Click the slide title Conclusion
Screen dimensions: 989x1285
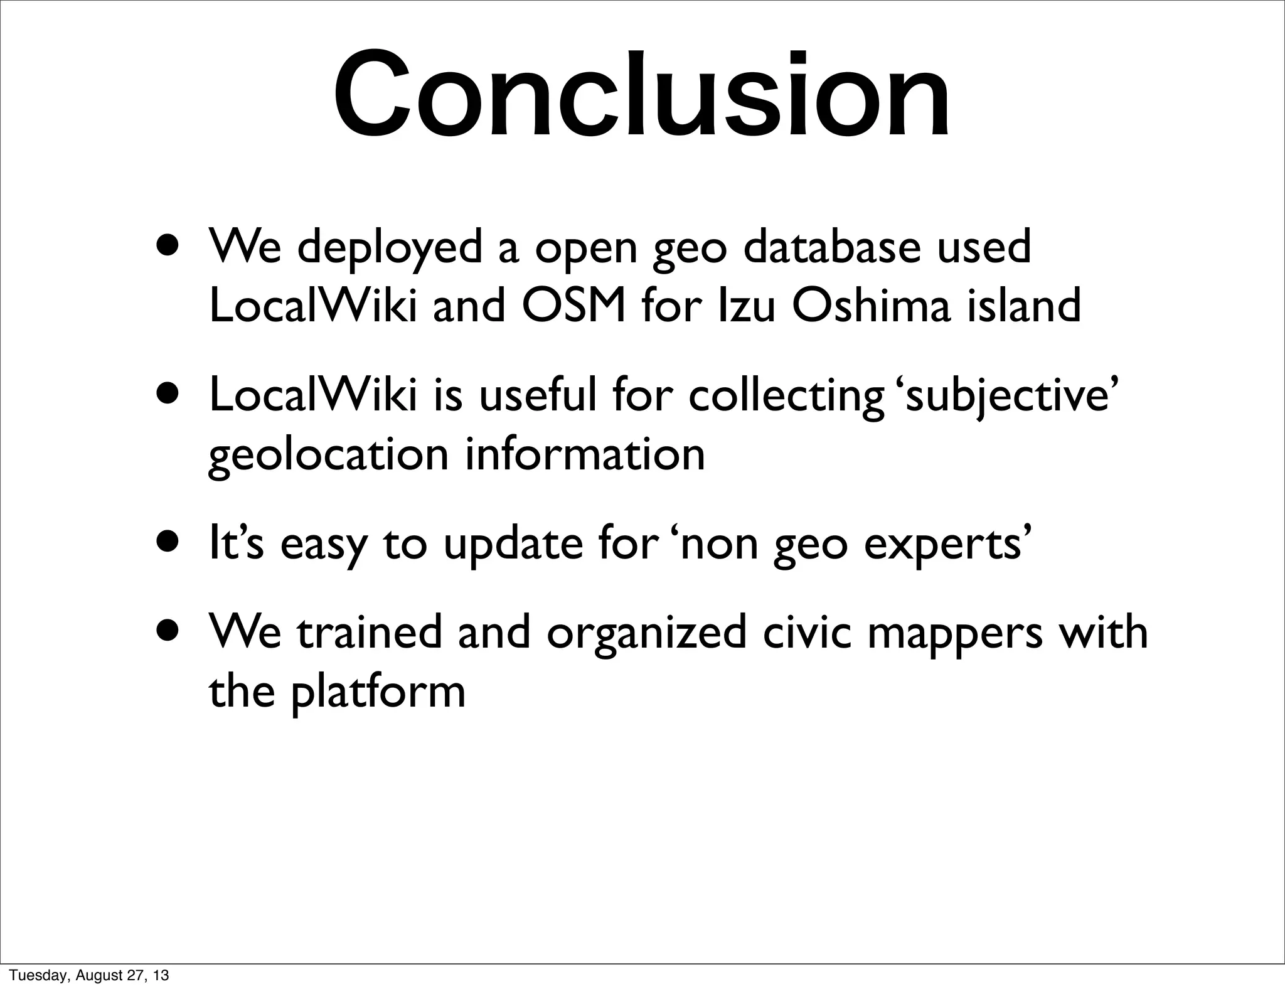(641, 95)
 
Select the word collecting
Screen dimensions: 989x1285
(785, 397)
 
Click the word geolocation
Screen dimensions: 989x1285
(328, 456)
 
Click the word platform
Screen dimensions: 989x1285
(378, 693)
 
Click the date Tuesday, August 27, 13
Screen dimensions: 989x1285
(89, 976)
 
